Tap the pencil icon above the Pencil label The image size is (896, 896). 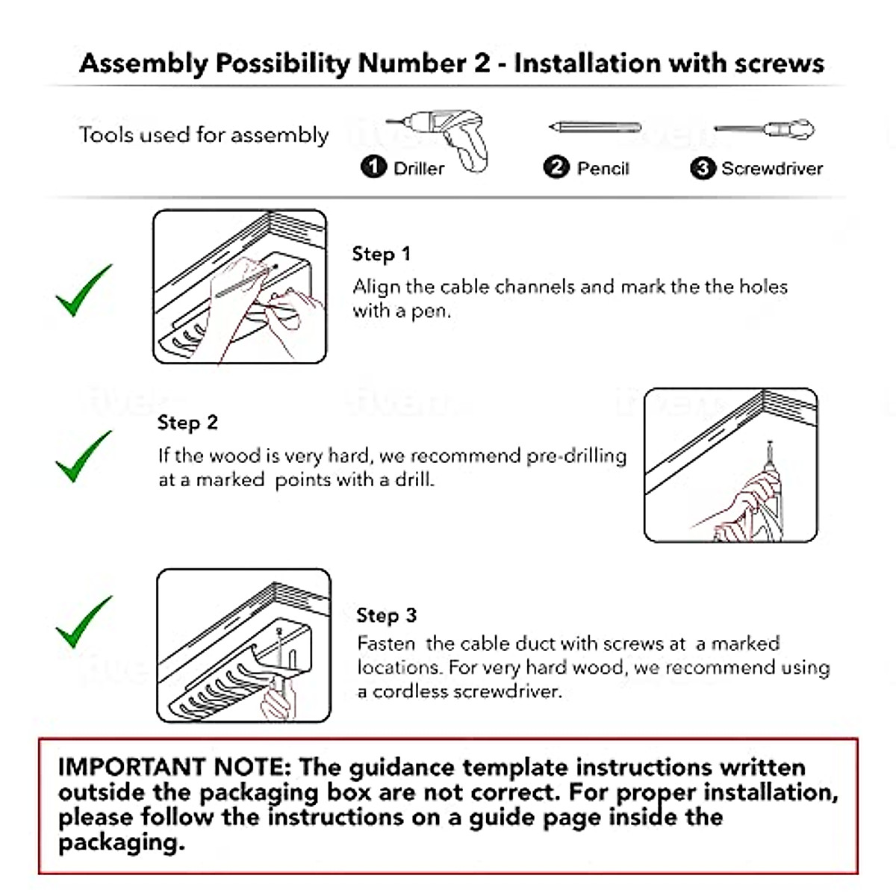[594, 127]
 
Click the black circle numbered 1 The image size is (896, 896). [373, 167]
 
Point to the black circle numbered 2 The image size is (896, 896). [556, 167]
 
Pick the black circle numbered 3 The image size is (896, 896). [702, 168]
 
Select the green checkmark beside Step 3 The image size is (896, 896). [83, 621]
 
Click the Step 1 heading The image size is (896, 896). [381, 254]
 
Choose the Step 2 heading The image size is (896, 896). [187, 423]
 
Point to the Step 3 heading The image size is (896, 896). [386, 615]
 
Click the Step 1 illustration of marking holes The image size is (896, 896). [240, 287]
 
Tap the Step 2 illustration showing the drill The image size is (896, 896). [730, 464]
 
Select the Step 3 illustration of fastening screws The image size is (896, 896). [243, 646]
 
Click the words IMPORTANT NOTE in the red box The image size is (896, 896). [173, 767]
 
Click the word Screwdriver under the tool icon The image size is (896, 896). [772, 169]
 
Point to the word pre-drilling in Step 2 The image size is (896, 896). [576, 455]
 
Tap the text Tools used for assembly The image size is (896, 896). [204, 135]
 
